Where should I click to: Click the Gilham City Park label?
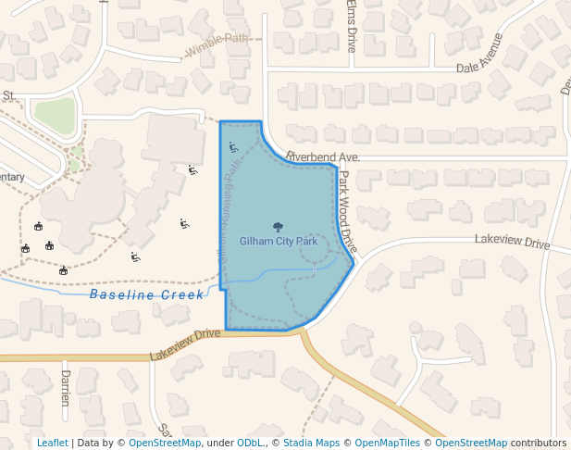(x=279, y=242)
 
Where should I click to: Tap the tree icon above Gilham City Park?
(x=278, y=227)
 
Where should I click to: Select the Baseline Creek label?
(x=146, y=294)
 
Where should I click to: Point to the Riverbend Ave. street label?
(x=322, y=157)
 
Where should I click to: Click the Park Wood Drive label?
(x=347, y=211)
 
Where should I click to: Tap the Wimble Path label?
(x=217, y=39)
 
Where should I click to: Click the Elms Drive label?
(x=351, y=25)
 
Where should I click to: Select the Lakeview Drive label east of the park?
(x=512, y=242)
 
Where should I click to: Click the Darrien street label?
(x=65, y=388)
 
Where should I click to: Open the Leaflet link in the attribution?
(x=52, y=443)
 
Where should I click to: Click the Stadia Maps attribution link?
(x=312, y=443)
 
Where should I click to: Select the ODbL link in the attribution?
(x=250, y=443)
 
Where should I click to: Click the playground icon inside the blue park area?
(x=233, y=146)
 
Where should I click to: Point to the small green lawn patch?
(x=55, y=115)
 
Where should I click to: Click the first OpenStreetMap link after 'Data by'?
(x=165, y=443)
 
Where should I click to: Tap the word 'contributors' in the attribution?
(x=539, y=443)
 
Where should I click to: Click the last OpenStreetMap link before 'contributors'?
(x=471, y=443)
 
